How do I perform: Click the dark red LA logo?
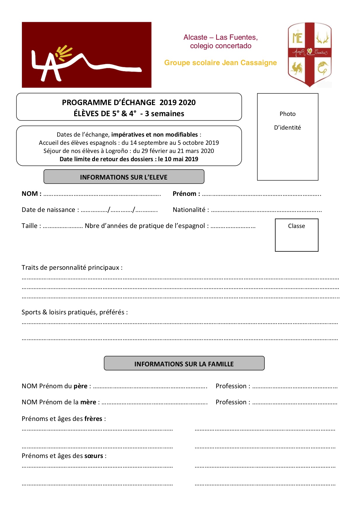(86, 55)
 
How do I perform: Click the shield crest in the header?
(309, 54)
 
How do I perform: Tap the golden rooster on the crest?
(297, 68)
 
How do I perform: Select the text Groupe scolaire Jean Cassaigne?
(220, 63)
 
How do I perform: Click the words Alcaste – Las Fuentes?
(220, 37)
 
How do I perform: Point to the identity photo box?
(287, 137)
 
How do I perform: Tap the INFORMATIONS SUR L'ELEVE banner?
(124, 177)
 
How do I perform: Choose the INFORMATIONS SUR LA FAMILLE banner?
(184, 363)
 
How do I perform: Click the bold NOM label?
(30, 194)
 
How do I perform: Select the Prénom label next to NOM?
(185, 194)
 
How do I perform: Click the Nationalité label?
(189, 210)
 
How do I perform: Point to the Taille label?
(30, 226)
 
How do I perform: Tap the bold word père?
(80, 386)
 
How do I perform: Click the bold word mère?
(88, 402)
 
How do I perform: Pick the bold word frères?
(93, 419)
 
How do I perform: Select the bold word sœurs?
(93, 456)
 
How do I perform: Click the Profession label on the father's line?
(231, 386)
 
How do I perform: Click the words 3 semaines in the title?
(164, 114)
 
